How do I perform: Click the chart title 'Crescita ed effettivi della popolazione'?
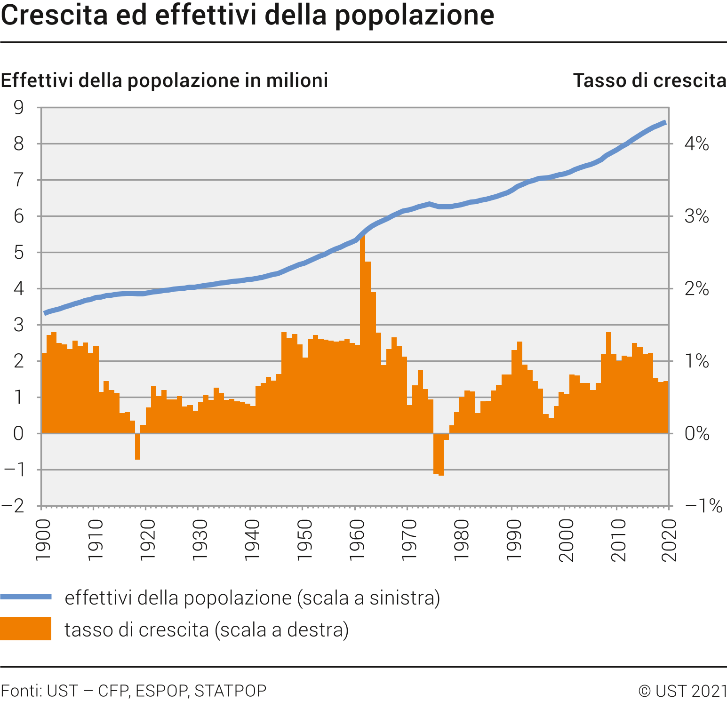[248, 15]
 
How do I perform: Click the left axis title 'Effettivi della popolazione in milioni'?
[164, 80]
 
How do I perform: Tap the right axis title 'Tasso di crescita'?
[649, 80]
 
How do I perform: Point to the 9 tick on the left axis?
[19, 108]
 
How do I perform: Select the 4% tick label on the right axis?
[696, 144]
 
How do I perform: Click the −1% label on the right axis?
[703, 506]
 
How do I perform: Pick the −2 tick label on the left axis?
[13, 506]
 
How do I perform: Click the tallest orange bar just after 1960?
[363, 329]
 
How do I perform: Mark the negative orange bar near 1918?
[138, 446]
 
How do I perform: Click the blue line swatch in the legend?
[26, 597]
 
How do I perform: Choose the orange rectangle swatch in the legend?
[26, 629]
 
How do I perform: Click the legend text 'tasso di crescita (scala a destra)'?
[207, 629]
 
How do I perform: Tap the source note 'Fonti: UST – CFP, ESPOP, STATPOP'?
[134, 690]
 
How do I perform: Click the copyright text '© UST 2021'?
[682, 690]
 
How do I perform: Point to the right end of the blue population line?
[664, 123]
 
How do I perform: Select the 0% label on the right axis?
[697, 433]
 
